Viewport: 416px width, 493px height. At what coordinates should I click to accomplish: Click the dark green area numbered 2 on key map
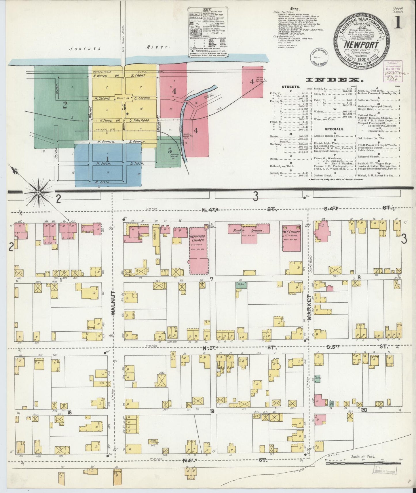64,105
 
